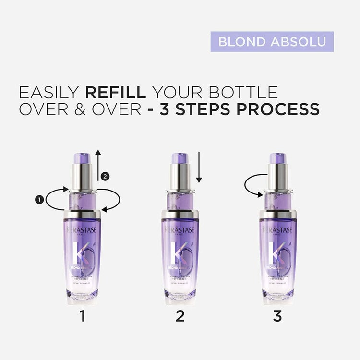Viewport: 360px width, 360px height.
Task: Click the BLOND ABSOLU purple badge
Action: coord(272,42)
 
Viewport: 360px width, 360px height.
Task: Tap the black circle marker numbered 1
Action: coord(37,198)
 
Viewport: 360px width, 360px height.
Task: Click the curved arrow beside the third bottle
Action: coord(253,185)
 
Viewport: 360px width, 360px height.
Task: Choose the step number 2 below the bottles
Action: coord(180,317)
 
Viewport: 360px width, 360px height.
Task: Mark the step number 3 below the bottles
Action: coord(277,317)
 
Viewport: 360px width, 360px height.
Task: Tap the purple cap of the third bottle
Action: coord(278,158)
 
